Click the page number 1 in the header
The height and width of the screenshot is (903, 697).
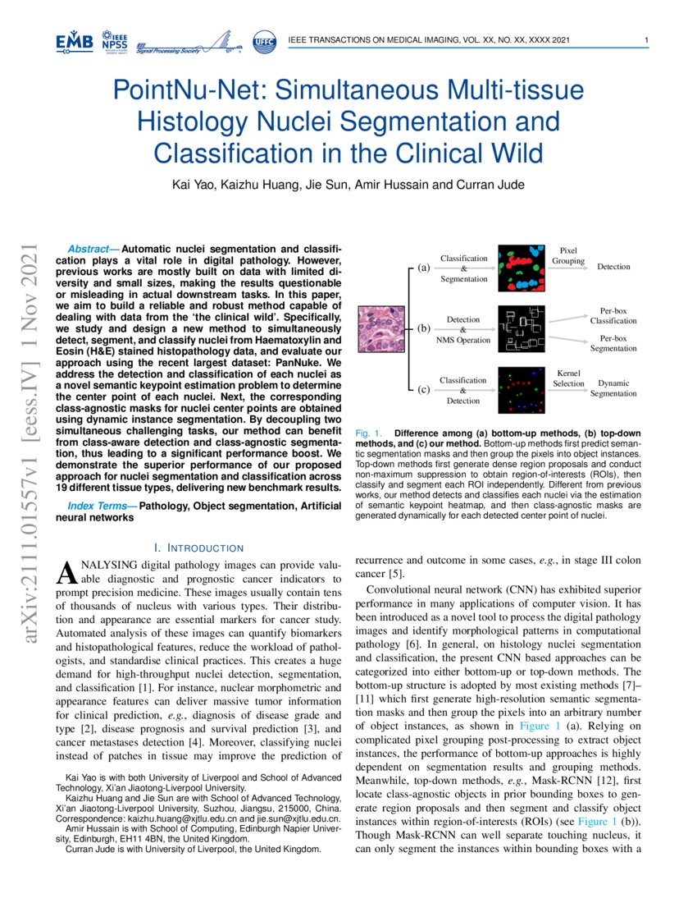pos(647,40)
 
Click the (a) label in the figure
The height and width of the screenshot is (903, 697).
pos(423,268)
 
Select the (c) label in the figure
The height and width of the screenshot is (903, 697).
pos(423,389)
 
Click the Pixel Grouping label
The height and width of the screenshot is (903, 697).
pos(568,255)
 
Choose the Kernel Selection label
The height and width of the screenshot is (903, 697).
pos(568,378)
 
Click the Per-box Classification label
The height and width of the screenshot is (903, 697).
pos(613,316)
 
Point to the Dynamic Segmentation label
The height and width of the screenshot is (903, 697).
pos(613,388)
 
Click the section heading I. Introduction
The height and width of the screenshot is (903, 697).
pos(198,548)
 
